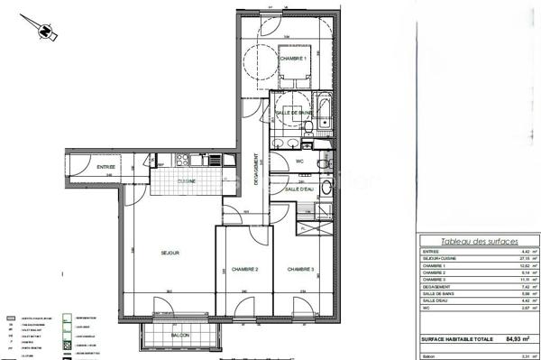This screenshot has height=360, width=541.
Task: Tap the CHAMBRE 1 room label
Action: (293, 59)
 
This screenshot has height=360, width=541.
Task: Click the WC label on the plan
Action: (298, 162)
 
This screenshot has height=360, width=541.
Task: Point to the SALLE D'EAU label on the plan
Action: (298, 189)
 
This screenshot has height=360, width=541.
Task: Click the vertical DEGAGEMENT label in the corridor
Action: (256, 167)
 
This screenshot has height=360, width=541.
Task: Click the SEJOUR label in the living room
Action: (170, 253)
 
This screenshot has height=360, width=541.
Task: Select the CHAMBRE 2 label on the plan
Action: (244, 269)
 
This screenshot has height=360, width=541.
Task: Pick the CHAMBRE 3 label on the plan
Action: (300, 269)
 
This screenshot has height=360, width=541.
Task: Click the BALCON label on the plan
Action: (179, 337)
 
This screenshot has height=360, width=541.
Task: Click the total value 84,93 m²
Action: (516, 338)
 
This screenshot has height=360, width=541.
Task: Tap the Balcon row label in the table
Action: (429, 355)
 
